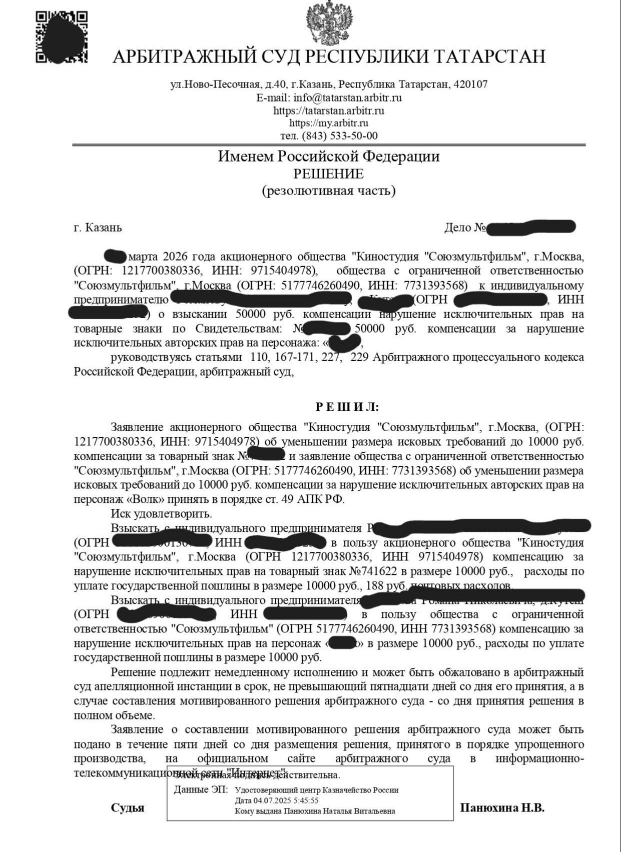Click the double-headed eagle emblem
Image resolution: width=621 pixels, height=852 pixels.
tap(329, 23)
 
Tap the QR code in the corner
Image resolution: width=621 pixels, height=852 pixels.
tap(61, 38)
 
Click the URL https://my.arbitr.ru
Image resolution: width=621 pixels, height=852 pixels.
tap(329, 123)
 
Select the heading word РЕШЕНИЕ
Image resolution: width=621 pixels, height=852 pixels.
tap(328, 174)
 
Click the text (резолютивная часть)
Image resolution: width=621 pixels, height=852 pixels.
tap(328, 191)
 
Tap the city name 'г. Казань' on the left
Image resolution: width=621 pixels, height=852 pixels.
tap(98, 228)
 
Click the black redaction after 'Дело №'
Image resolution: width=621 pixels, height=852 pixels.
tap(530, 228)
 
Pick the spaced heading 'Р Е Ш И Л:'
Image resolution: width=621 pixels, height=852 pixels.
tap(347, 407)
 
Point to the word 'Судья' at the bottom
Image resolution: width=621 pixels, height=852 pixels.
tap(128, 808)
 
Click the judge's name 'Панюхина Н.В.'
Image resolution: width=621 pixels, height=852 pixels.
tap(502, 807)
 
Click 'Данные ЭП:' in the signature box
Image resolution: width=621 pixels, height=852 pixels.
tap(201, 790)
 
